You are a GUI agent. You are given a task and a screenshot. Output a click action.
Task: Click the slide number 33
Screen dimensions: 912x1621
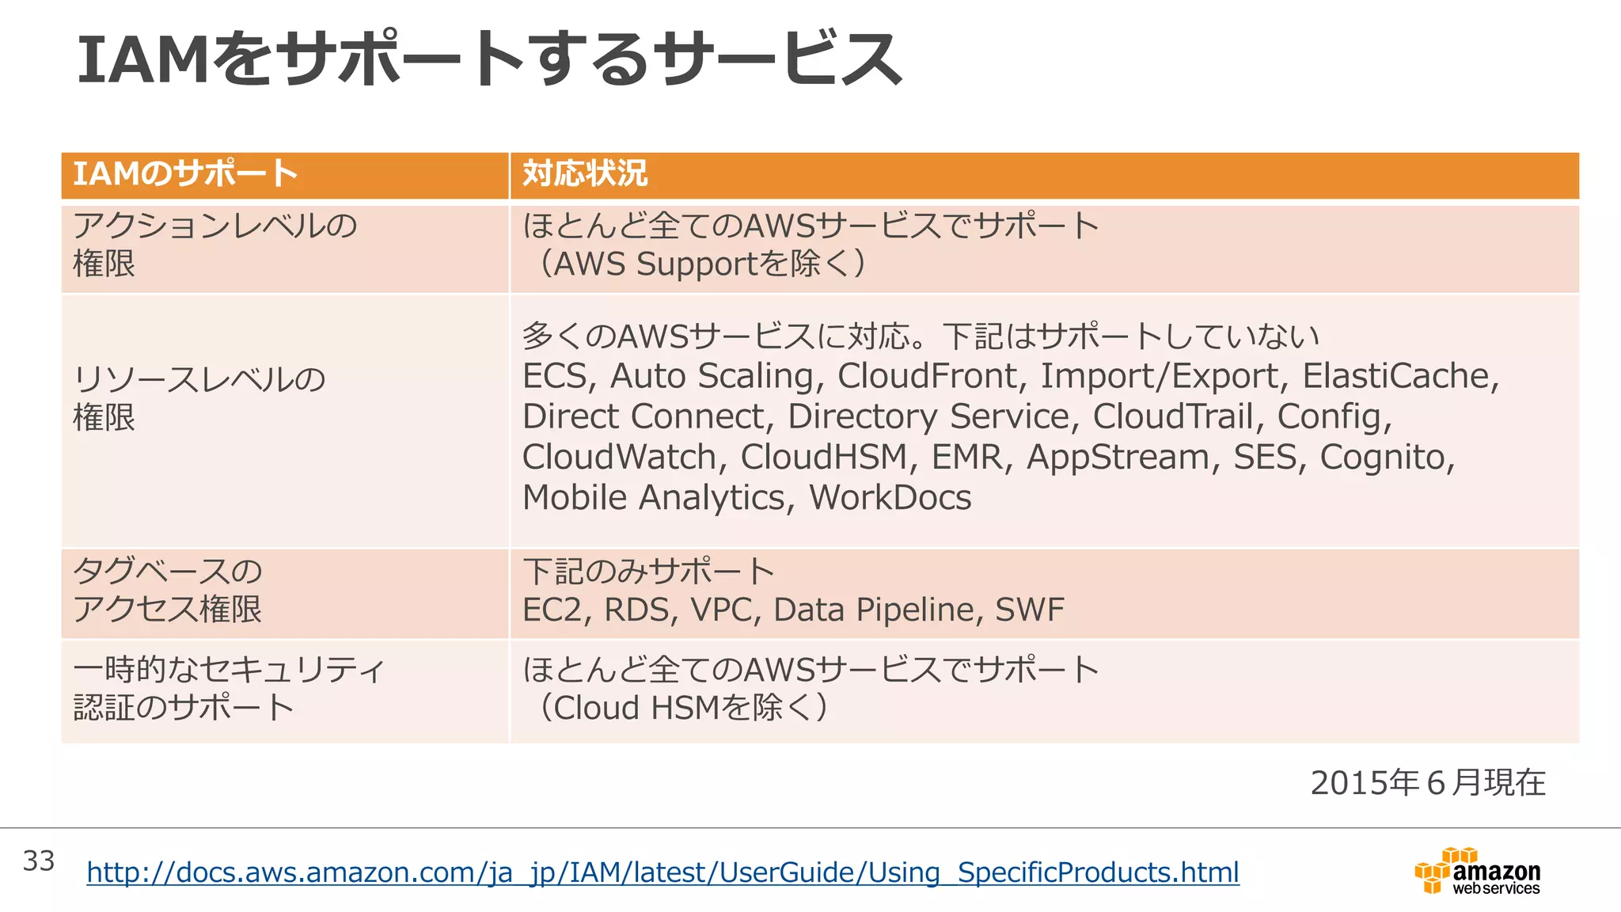39,861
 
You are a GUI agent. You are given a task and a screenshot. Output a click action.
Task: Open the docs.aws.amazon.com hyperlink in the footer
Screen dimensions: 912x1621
662,872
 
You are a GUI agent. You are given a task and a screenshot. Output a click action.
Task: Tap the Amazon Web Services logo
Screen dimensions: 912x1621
1477,872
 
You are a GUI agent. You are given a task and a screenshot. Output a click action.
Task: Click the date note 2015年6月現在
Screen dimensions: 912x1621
1428,782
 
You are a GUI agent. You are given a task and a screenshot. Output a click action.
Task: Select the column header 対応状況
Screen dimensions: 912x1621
585,173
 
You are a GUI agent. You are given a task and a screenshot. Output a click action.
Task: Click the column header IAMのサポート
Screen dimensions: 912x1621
185,173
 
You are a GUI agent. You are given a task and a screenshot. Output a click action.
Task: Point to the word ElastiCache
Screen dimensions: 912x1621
1399,376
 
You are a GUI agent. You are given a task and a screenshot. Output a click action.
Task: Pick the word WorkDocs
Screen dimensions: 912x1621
890,498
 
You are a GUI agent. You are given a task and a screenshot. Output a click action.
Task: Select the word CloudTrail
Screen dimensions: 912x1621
1175,416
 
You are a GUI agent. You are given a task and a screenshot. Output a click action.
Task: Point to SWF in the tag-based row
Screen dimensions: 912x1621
1029,610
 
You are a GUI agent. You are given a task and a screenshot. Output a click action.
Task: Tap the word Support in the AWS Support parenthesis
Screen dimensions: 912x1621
697,264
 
